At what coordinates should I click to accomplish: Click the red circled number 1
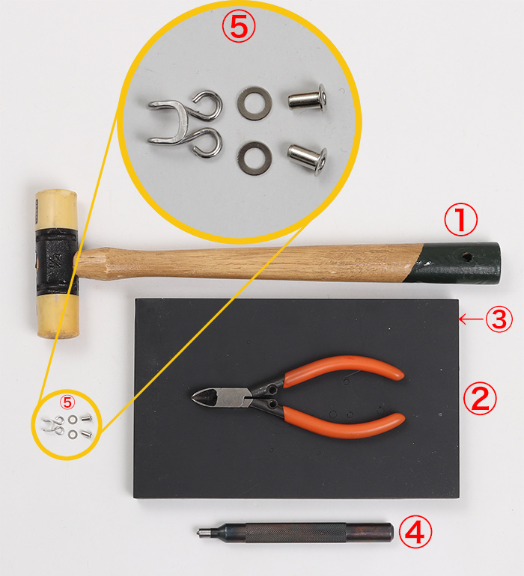click(461, 219)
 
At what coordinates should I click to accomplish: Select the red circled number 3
click(499, 319)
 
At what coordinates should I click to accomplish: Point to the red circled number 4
click(415, 532)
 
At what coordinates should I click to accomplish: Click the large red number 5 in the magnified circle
click(239, 25)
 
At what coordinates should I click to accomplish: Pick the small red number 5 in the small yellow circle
click(67, 402)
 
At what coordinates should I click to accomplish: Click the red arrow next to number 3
click(472, 319)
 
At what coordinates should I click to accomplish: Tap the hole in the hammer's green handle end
click(467, 257)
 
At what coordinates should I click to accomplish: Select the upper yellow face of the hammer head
click(57, 210)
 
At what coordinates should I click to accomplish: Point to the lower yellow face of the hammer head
click(58, 316)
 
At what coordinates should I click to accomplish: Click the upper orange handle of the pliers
click(344, 370)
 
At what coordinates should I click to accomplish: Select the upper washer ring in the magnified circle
click(255, 103)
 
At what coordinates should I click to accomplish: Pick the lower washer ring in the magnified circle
click(255, 158)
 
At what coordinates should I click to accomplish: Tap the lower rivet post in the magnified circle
click(308, 159)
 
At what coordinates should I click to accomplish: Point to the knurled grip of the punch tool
click(296, 533)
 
